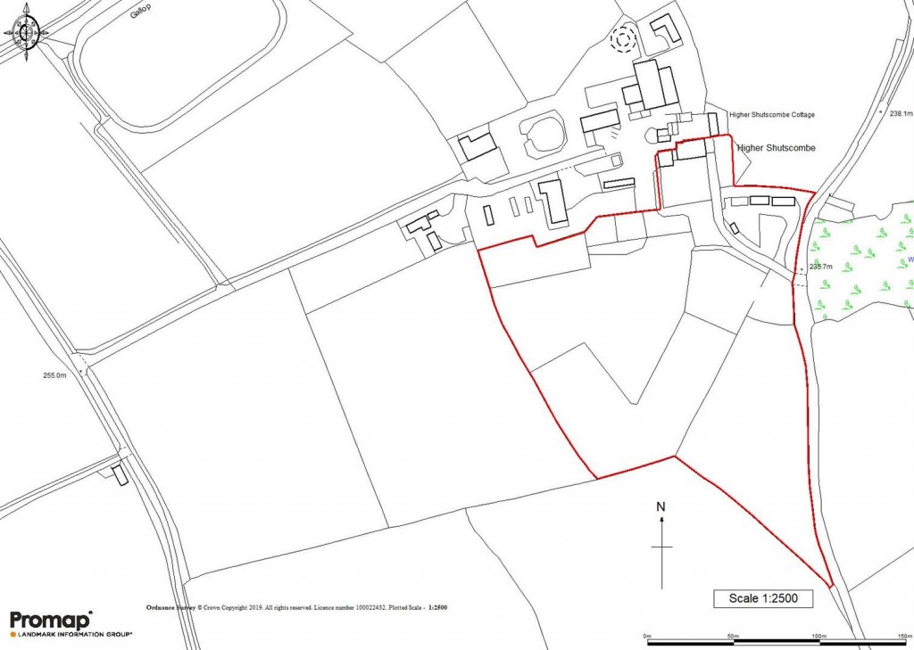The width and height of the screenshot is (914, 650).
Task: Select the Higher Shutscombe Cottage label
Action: [772, 115]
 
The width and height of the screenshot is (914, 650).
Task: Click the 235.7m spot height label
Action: [820, 267]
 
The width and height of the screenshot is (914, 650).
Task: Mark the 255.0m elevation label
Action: [54, 376]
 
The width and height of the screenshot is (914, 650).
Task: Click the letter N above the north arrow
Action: [661, 507]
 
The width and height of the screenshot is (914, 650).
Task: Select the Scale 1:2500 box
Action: [762, 597]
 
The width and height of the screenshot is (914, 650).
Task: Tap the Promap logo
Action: [51, 621]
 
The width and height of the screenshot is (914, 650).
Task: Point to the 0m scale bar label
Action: [649, 635]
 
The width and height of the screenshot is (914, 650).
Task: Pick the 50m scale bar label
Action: [733, 635]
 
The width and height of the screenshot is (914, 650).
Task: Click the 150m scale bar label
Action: [901, 635]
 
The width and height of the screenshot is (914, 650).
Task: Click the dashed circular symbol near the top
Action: [621, 38]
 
